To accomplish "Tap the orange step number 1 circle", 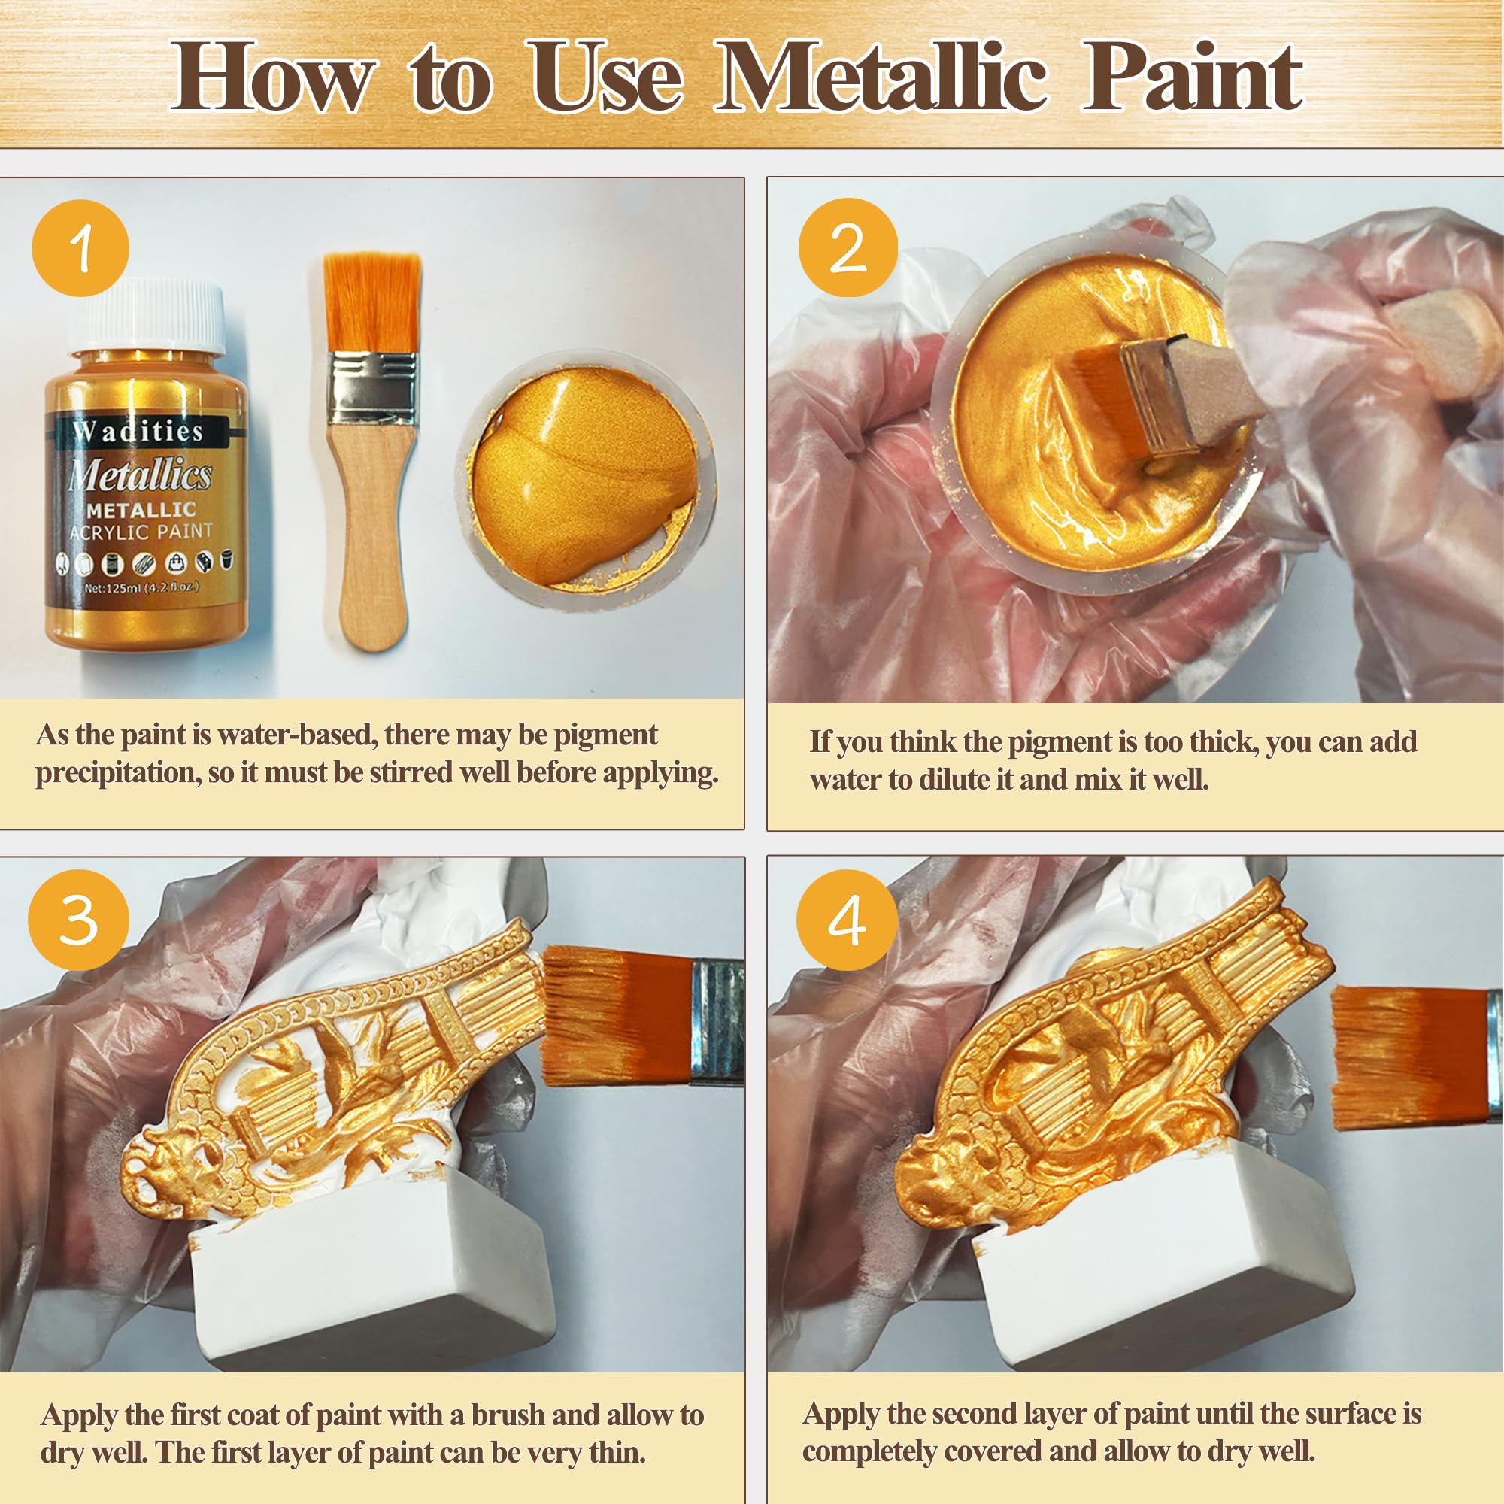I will point(80,247).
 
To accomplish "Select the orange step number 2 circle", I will point(848,247).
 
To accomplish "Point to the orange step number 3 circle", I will point(78,920).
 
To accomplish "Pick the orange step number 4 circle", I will point(846,920).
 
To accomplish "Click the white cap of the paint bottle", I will point(147,316).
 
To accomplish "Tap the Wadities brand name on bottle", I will point(138,430).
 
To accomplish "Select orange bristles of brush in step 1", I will point(371,300).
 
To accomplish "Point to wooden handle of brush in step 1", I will point(373,529).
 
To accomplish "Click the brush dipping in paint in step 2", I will point(1129,390).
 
